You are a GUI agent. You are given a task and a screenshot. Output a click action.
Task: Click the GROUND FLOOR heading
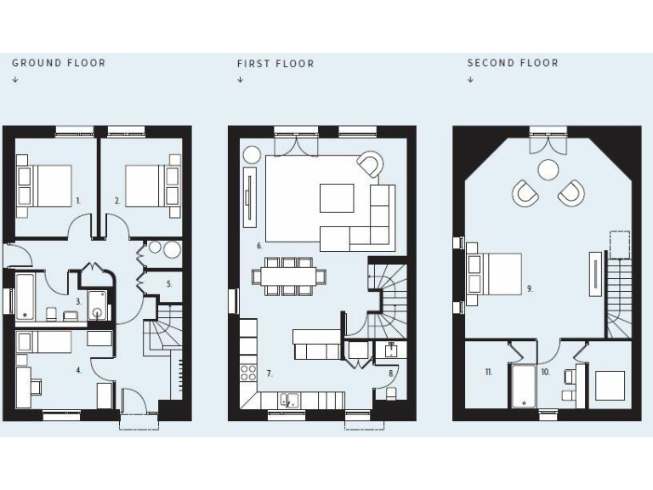[x=59, y=63]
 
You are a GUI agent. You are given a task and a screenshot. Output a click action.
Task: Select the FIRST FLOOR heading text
[x=275, y=64]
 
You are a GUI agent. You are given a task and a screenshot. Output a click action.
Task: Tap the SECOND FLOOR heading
[x=513, y=63]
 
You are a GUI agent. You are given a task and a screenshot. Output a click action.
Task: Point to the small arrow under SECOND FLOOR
[x=470, y=80]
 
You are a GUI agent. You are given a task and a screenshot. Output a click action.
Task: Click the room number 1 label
[x=77, y=201]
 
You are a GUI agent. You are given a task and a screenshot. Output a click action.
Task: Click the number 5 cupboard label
[x=169, y=283]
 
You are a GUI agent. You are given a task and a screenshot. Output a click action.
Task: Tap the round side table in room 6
[x=253, y=156]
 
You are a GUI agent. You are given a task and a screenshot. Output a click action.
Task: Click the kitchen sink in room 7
[x=290, y=399]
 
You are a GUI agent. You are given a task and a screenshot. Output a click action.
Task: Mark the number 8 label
[x=391, y=373]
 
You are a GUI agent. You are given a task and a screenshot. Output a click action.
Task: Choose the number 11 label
[x=488, y=372]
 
